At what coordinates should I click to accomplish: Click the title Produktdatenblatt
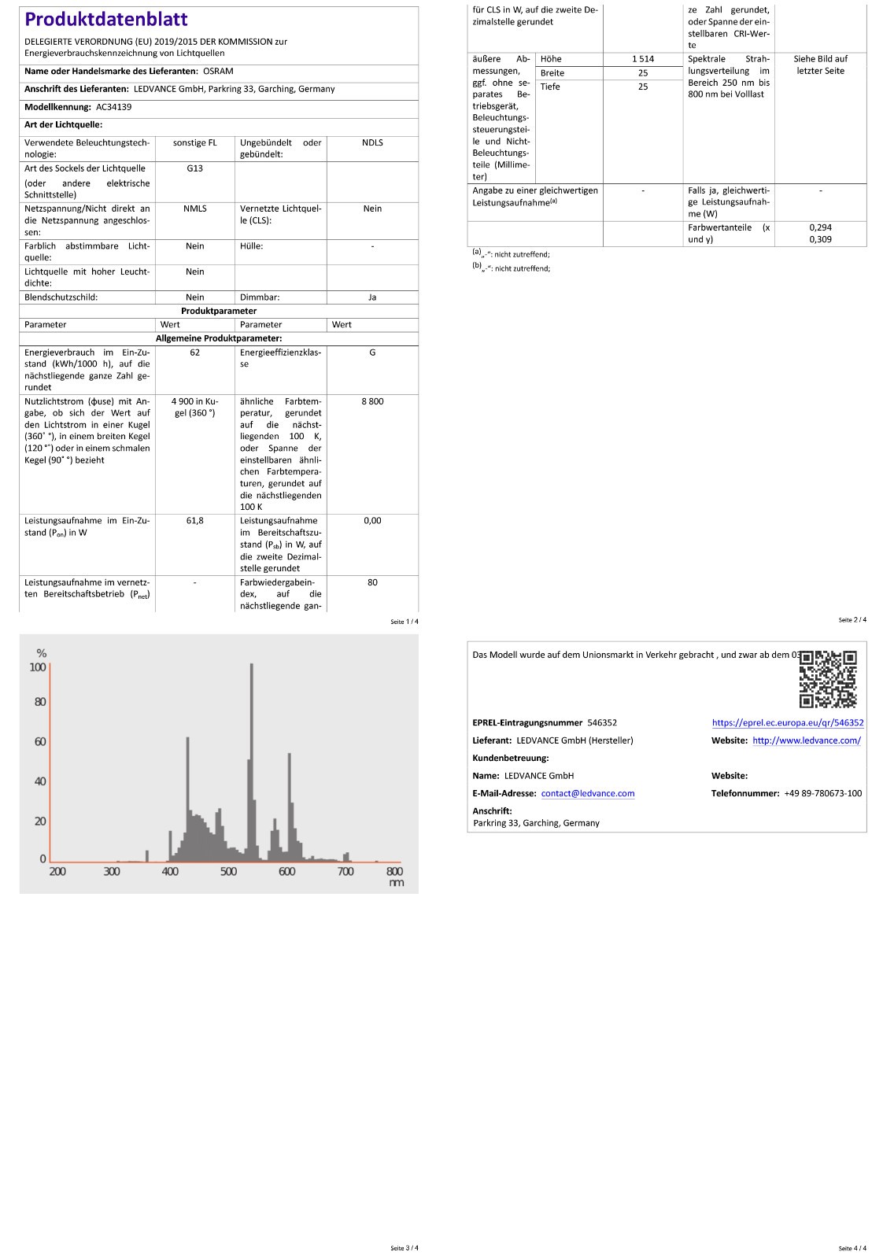(x=106, y=20)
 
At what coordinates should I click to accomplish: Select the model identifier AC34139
(x=113, y=107)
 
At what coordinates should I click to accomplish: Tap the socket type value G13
(x=194, y=168)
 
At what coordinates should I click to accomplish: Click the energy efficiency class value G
(x=372, y=353)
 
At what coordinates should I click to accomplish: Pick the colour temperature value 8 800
(x=372, y=401)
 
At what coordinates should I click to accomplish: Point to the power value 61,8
(x=194, y=521)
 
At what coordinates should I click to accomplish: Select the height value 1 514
(x=642, y=59)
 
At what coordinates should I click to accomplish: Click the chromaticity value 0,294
(x=820, y=227)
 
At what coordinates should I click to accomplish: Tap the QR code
(x=827, y=678)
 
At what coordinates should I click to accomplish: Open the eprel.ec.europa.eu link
(x=787, y=722)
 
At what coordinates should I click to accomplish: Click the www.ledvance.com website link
(x=806, y=740)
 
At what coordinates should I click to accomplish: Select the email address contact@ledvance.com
(x=587, y=793)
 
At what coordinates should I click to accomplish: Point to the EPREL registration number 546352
(x=602, y=722)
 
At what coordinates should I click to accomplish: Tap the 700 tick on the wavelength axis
(x=345, y=871)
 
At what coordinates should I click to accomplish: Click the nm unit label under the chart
(x=396, y=883)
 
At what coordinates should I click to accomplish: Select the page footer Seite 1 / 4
(x=405, y=622)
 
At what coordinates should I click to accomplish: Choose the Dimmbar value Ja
(x=372, y=297)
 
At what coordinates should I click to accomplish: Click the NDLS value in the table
(x=372, y=142)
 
